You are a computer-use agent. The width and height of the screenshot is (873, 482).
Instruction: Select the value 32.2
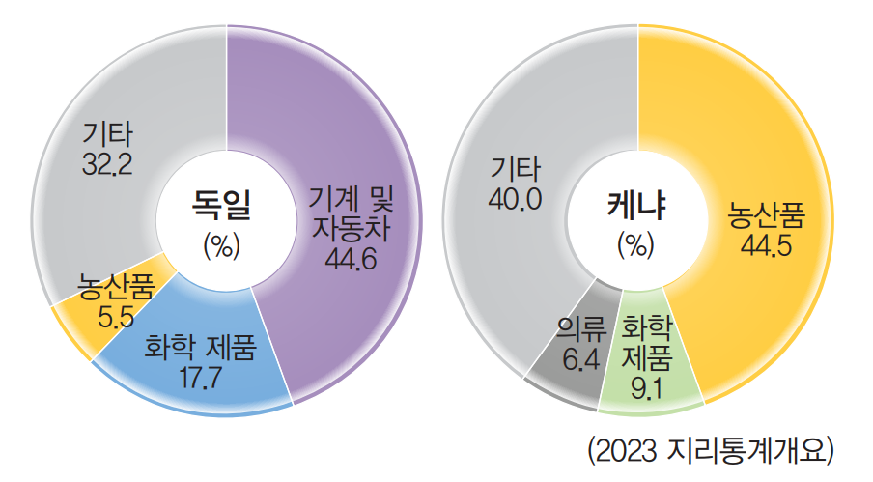click(x=107, y=162)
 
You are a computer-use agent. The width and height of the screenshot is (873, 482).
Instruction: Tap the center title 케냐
click(x=638, y=204)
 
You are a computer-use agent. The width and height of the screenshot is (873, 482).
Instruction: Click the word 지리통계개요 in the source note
click(x=750, y=450)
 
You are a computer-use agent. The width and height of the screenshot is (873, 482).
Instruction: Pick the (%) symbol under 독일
click(x=222, y=244)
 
